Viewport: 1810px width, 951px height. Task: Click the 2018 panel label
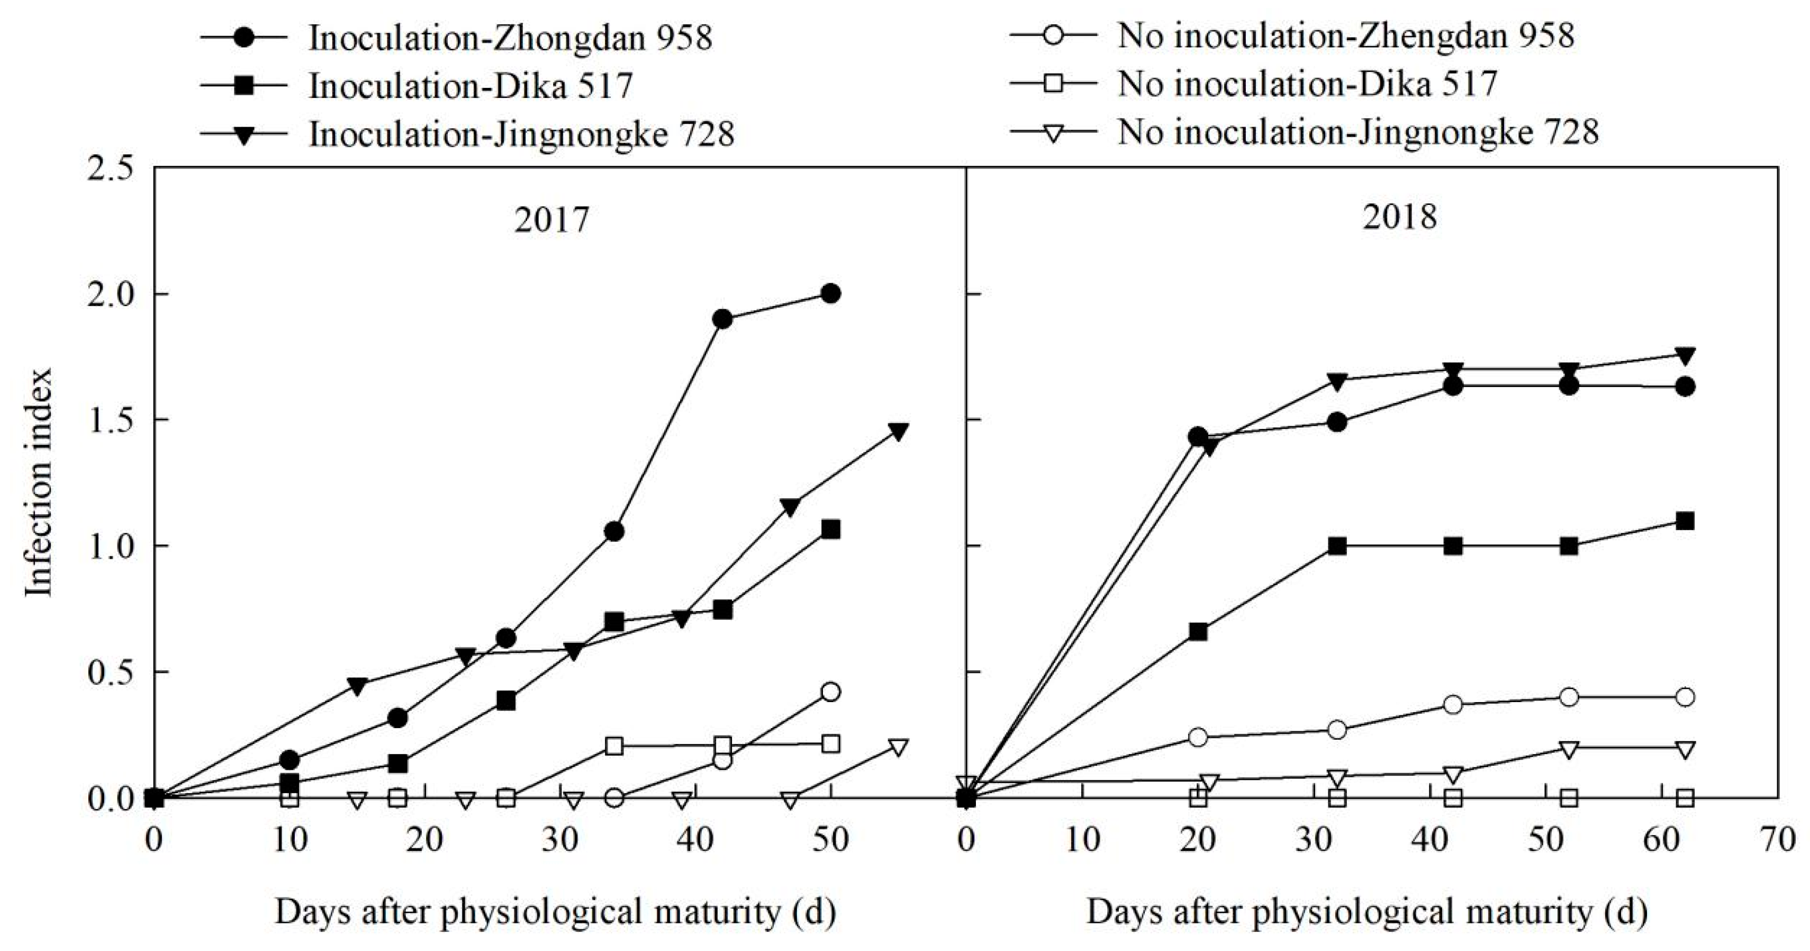(1400, 217)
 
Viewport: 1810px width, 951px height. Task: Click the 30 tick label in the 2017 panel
(560, 840)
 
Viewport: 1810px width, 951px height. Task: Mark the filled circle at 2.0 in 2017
(830, 294)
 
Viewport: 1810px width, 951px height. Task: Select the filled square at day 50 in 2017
(830, 530)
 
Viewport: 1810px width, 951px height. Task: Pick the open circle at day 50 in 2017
(830, 692)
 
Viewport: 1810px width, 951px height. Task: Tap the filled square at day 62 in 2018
(1684, 522)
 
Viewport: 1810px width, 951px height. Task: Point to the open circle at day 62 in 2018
(1684, 697)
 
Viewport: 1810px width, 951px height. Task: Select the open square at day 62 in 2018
(1684, 798)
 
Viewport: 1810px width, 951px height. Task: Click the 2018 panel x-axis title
(1366, 912)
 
